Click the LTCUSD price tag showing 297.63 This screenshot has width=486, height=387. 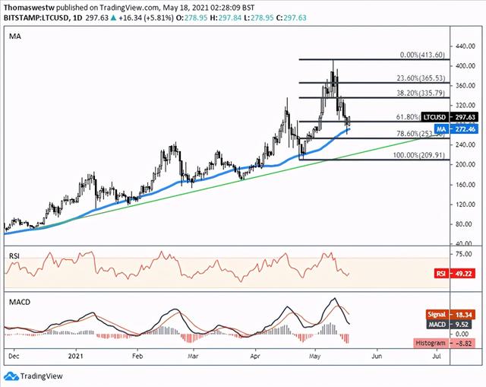(447, 117)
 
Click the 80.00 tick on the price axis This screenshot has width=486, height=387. (458, 224)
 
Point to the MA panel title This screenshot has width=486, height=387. (15, 36)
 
